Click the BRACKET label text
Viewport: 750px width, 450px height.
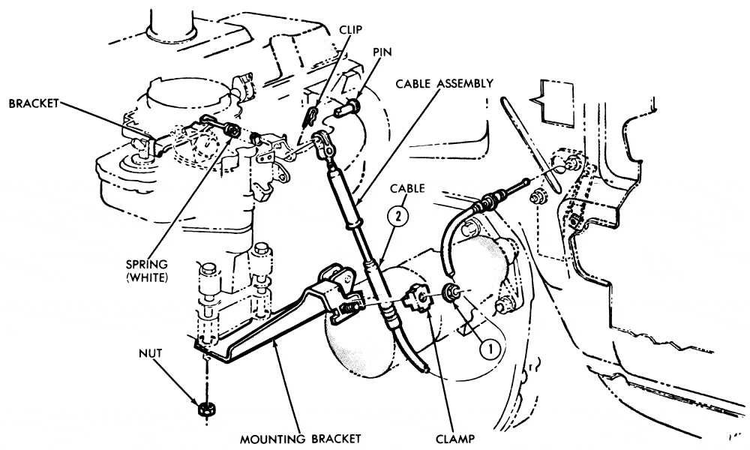tap(34, 103)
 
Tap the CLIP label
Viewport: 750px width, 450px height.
tap(350, 30)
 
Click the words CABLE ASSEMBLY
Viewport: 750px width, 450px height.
tap(444, 84)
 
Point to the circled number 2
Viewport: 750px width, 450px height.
tap(398, 215)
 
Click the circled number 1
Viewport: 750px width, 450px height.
tap(489, 349)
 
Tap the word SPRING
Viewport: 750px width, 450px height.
tap(147, 264)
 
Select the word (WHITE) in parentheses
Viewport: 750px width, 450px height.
tap(147, 277)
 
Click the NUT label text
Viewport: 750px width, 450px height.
tap(150, 353)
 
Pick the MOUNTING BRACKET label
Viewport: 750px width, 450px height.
tap(300, 439)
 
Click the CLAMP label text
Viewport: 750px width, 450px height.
tap(455, 439)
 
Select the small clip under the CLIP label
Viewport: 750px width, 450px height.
tap(311, 115)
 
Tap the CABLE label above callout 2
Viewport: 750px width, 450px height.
tap(407, 188)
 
